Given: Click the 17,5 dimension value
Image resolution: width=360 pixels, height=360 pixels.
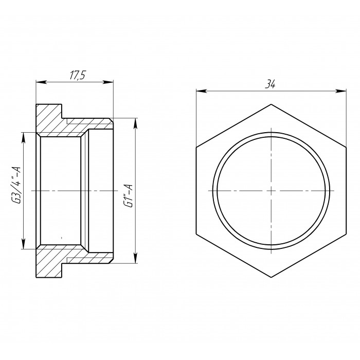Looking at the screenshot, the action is (x=78, y=75).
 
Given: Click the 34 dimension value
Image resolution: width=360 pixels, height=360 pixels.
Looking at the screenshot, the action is (x=270, y=84).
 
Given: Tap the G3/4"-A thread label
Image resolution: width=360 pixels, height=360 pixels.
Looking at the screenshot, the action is (x=17, y=185).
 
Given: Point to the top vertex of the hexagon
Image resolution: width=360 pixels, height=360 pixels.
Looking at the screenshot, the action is (x=271, y=104).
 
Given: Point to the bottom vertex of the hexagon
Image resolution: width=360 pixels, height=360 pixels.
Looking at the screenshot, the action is (x=271, y=277).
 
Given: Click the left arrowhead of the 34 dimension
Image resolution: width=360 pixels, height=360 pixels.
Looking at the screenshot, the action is (x=201, y=91).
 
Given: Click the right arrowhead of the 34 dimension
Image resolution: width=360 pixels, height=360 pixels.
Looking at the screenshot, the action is (x=340, y=91).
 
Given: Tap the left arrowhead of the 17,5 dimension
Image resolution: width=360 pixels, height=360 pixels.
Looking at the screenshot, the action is (x=41, y=82).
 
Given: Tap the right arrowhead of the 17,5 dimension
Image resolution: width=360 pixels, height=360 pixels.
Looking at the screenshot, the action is (x=108, y=82).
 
